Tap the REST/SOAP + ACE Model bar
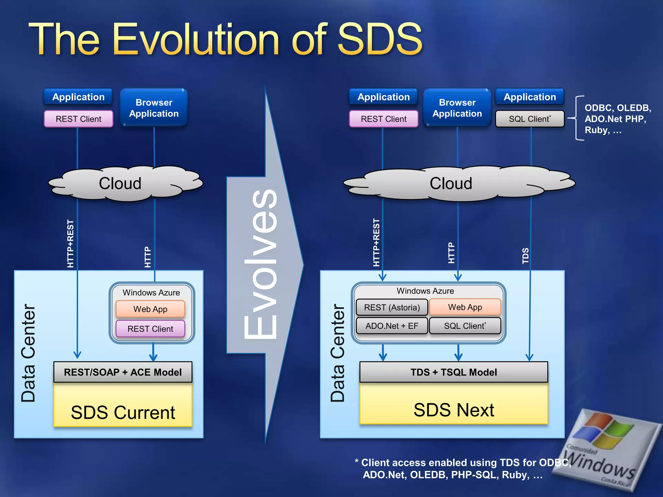[123, 372]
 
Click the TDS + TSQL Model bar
[454, 372]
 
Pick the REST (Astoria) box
[392, 307]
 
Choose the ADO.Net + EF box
[392, 326]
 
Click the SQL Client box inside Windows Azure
[465, 326]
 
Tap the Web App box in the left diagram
[150, 309]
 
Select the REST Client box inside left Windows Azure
[150, 329]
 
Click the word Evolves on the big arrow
[261, 264]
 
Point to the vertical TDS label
[525, 256]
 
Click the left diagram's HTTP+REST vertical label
[70, 244]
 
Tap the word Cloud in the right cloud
[451, 183]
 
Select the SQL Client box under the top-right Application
[530, 119]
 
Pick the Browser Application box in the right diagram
[457, 108]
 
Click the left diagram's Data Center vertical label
[28, 353]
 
